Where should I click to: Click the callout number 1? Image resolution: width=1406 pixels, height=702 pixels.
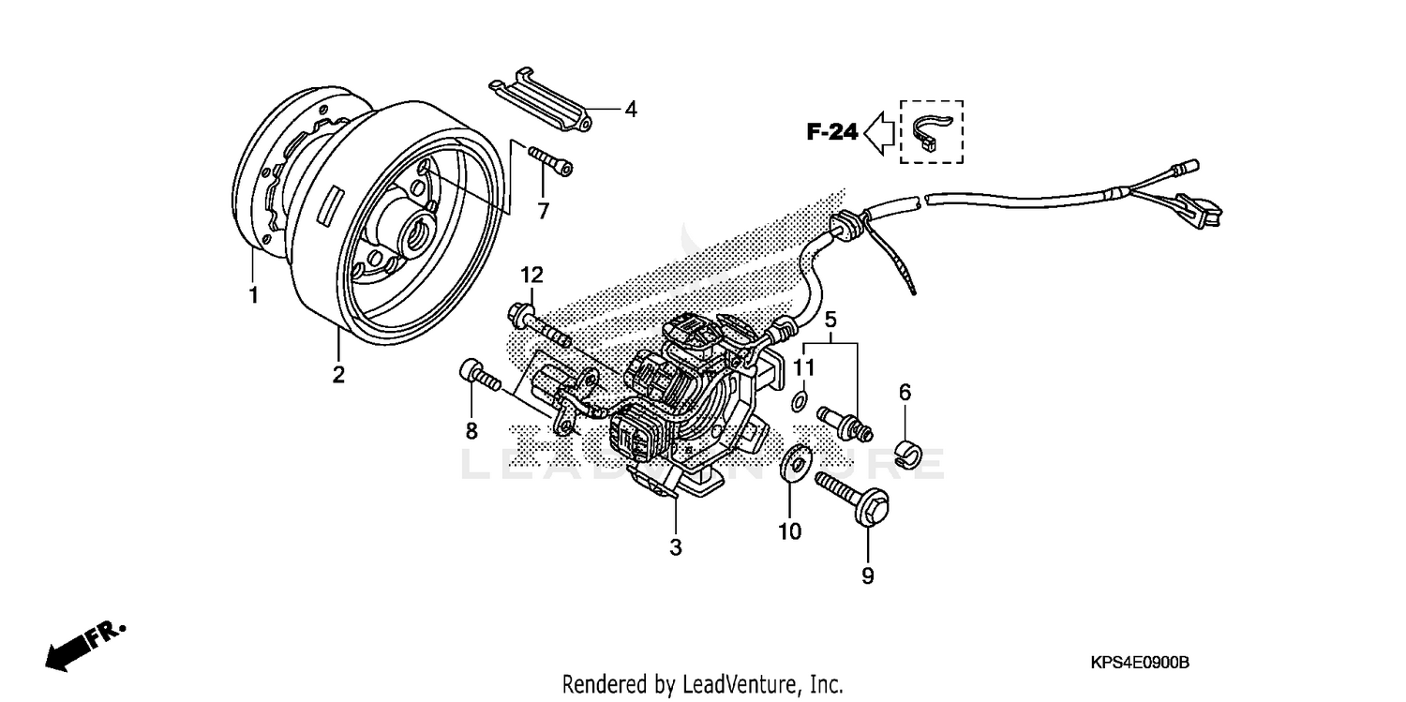[x=253, y=296]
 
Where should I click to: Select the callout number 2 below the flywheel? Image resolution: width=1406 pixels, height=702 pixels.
[x=338, y=376]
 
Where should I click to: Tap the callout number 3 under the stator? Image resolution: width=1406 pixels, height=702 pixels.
[x=676, y=547]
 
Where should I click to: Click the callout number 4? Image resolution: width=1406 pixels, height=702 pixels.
[x=631, y=110]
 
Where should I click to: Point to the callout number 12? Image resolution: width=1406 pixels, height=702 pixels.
[x=531, y=275]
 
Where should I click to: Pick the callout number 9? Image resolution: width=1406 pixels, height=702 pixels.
[x=867, y=576]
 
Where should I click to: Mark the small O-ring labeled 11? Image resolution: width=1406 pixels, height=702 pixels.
[x=799, y=403]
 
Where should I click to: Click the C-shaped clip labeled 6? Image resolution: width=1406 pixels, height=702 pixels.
[x=905, y=452]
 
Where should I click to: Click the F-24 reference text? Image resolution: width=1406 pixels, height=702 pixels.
[x=832, y=132]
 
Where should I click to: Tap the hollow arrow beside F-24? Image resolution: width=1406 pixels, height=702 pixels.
[x=879, y=132]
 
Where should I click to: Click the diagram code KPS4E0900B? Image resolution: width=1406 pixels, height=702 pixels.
[x=1140, y=663]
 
